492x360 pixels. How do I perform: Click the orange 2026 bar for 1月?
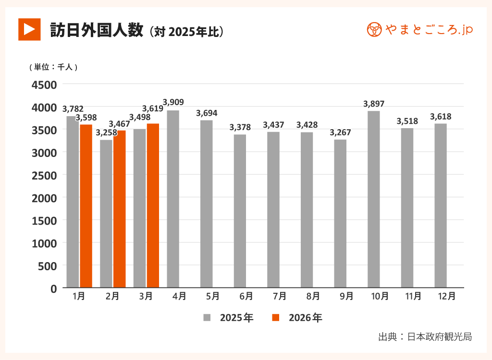click(x=86, y=206)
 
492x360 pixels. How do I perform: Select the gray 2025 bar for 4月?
click(x=173, y=199)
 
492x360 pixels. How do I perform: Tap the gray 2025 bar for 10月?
click(x=373, y=199)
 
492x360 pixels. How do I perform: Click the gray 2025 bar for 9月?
click(x=340, y=214)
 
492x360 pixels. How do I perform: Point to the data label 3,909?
click(x=173, y=102)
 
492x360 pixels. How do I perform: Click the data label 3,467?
click(x=119, y=124)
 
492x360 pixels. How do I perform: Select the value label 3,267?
click(x=340, y=132)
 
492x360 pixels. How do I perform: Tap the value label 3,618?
click(x=440, y=116)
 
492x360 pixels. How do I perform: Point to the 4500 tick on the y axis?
click(x=44, y=84)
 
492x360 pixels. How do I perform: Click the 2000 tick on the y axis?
click(x=44, y=198)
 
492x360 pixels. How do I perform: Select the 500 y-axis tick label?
click(x=48, y=265)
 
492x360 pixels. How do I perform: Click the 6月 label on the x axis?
click(x=246, y=297)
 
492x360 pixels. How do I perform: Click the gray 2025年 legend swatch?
click(x=207, y=318)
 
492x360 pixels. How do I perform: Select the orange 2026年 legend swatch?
click(x=276, y=318)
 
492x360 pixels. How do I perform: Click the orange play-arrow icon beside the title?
click(x=29, y=29)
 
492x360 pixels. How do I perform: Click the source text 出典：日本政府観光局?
click(x=425, y=336)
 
